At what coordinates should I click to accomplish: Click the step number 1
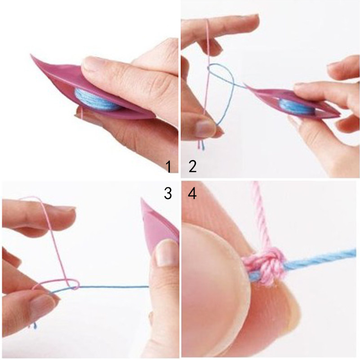click(x=169, y=167)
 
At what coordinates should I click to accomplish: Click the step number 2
click(x=192, y=167)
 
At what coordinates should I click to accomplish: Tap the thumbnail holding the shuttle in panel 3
click(x=166, y=253)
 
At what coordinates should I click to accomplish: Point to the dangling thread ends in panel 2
click(x=201, y=145)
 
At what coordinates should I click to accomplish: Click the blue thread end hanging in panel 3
click(x=35, y=325)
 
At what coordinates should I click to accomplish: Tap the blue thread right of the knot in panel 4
click(x=320, y=259)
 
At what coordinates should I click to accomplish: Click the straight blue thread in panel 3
click(x=114, y=287)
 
